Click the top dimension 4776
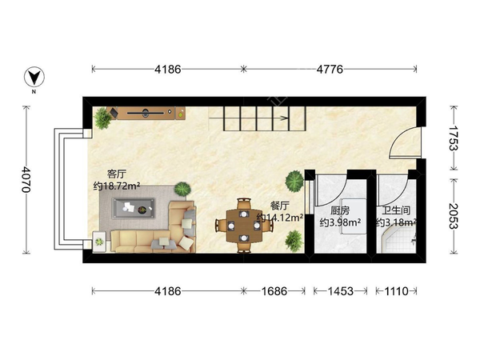click(330, 70)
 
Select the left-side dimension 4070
click(26, 179)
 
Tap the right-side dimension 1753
click(454, 138)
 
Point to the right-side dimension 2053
click(454, 216)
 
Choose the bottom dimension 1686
click(274, 291)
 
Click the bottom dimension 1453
click(341, 291)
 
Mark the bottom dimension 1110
click(397, 291)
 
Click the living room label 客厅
click(116, 174)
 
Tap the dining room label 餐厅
click(280, 206)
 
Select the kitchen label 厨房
click(340, 210)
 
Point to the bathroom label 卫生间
click(396, 210)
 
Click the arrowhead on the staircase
click(285, 118)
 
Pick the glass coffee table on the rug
click(134, 208)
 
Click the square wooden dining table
click(244, 226)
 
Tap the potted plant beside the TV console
click(102, 118)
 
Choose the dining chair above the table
click(244, 203)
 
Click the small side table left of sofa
click(99, 242)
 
